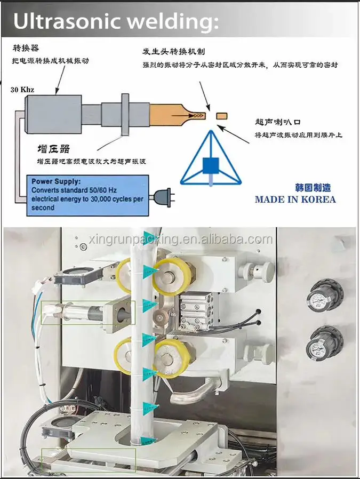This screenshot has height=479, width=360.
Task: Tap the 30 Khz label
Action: pos(22,89)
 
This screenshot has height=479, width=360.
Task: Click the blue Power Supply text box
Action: pos(86,194)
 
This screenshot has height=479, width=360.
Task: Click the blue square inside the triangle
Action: pos(210,166)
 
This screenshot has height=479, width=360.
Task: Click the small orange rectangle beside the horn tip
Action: pos(221,115)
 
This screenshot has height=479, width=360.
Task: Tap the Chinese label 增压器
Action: pos(53,148)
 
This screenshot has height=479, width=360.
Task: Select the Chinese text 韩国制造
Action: pos(313,188)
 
